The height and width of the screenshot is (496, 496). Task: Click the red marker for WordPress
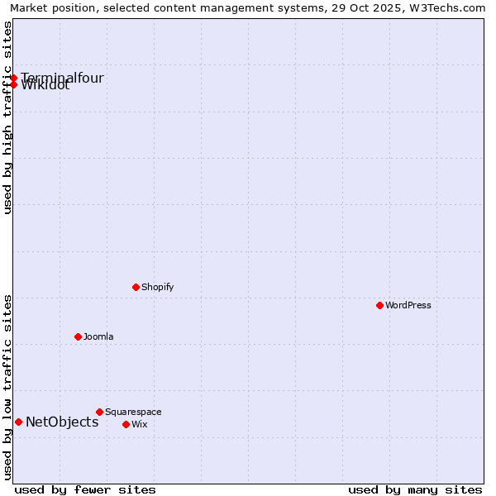379,305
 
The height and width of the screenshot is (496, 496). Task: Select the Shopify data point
136,287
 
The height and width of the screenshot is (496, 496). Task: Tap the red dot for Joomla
78,336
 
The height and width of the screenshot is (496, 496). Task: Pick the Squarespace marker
99,412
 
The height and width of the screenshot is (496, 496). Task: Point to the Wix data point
126,424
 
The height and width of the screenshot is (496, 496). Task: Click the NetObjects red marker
18,422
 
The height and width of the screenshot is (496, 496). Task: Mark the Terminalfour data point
14,78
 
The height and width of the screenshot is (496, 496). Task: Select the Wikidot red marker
14,84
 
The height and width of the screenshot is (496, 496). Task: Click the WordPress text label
408,305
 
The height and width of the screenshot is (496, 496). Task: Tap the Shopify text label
157,287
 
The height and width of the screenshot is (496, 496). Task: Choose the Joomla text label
98,336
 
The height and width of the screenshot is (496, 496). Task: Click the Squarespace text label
133,412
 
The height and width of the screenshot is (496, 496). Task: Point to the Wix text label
139,424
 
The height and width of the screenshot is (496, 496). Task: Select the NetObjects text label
62,422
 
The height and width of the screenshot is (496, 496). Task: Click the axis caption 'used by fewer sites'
85,489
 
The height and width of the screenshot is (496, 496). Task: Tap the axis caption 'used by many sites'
415,489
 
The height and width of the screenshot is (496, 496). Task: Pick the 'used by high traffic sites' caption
7,118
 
